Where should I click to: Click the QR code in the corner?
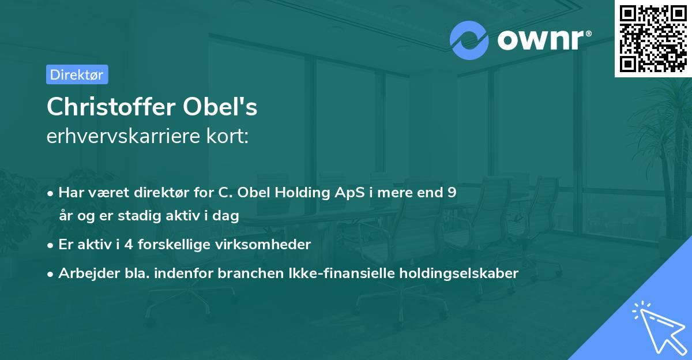click(653, 38)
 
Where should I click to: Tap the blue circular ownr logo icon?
click(469, 40)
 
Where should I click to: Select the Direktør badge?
click(77, 74)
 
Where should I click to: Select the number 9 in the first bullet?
click(452, 192)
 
